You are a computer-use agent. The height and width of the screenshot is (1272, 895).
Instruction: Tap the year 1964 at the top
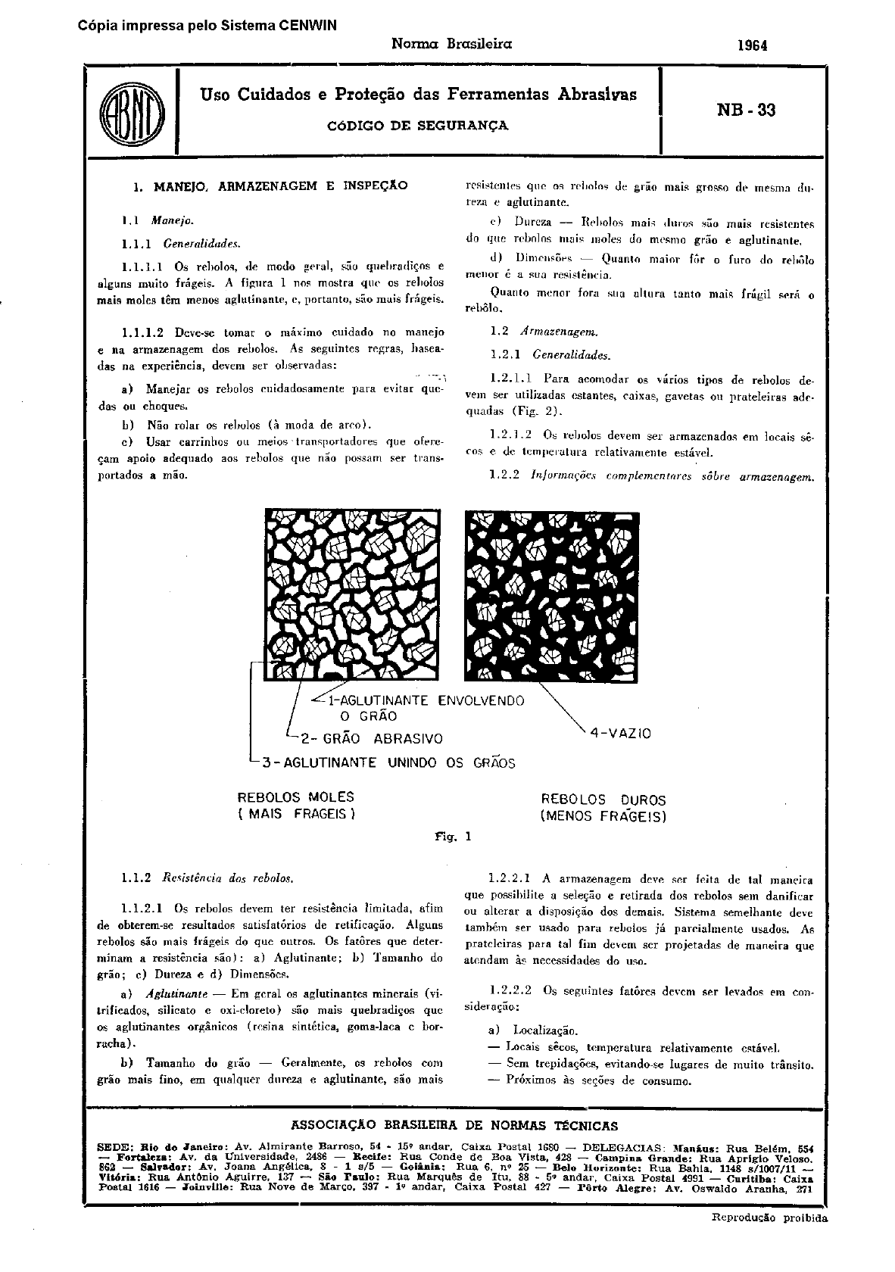click(752, 45)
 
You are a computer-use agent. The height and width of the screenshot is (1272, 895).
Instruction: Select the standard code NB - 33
click(745, 111)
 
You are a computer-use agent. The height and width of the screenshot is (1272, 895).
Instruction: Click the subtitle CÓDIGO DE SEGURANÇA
click(417, 126)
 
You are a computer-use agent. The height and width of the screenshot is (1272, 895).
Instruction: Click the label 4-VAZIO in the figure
click(620, 733)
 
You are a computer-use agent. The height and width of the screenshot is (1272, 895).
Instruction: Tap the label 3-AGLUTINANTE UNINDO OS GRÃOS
click(388, 762)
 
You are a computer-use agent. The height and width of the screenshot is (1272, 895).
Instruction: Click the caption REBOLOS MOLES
click(296, 797)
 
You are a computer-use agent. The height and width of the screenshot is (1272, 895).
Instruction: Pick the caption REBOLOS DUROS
click(603, 800)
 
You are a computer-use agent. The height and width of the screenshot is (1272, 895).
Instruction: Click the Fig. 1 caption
click(453, 837)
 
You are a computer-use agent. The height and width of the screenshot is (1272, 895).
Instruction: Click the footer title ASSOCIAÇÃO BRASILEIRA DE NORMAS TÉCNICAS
click(454, 1126)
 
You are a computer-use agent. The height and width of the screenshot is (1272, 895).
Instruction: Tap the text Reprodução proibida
click(769, 1218)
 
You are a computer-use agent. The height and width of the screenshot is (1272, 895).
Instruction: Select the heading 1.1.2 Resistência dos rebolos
click(207, 878)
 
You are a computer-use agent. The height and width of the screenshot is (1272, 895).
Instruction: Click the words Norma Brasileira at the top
click(451, 44)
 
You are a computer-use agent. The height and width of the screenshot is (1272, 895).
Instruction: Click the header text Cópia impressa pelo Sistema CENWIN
click(207, 25)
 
